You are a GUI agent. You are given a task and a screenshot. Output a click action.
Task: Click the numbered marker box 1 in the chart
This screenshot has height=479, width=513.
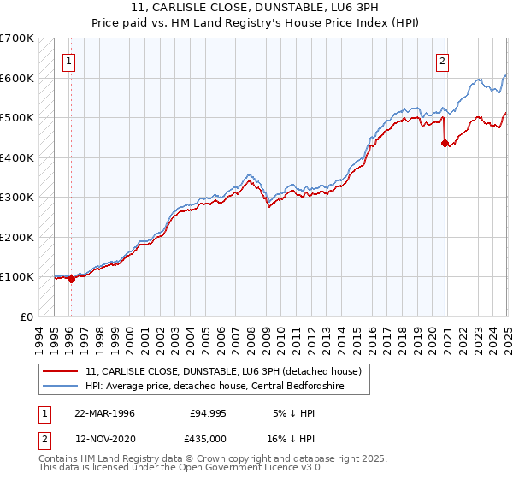pos(68,61)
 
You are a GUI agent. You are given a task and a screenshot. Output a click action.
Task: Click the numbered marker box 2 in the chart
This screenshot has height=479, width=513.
pos(442,61)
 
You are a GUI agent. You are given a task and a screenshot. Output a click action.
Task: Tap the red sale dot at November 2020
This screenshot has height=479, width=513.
pos(445,144)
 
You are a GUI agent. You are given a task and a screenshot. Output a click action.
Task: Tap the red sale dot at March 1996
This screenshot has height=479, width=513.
pos(71,279)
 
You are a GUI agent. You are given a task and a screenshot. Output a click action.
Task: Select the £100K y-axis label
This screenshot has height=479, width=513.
pos(17,276)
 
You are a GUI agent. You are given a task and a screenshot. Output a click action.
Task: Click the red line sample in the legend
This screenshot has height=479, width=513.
pos(60,371)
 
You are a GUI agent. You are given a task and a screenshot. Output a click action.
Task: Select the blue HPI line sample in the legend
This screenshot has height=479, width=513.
pos(60,387)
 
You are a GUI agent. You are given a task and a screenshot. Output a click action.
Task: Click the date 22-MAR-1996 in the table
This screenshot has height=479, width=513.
pos(104,413)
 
